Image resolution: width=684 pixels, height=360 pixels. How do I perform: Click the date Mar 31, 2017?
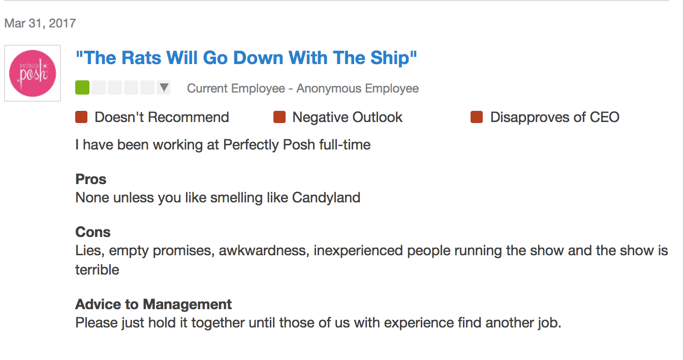pyautogui.click(x=40, y=23)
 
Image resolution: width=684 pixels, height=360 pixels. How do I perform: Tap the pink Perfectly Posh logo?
pyautogui.click(x=33, y=73)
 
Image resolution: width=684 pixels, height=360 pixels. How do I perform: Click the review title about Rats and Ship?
pyautogui.click(x=246, y=58)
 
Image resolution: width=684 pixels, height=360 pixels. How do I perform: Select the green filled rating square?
pyautogui.click(x=82, y=87)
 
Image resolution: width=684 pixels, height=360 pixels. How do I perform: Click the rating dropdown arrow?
pyautogui.click(x=164, y=87)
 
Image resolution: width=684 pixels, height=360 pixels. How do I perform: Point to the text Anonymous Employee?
pyautogui.click(x=358, y=88)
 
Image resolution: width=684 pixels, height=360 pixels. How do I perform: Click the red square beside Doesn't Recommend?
pyautogui.click(x=81, y=117)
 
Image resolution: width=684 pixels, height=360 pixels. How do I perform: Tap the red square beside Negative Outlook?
pyautogui.click(x=279, y=117)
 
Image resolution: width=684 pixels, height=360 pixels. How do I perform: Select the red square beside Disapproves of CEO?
pyautogui.click(x=477, y=117)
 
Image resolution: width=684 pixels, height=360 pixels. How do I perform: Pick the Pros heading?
pyautogui.click(x=90, y=179)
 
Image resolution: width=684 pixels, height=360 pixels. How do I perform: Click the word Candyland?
pyautogui.click(x=326, y=198)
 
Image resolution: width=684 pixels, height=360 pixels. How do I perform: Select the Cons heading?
pyautogui.click(x=93, y=232)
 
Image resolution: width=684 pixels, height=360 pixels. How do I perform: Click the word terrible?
pyautogui.click(x=97, y=270)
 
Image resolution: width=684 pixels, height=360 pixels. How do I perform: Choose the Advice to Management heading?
pyautogui.click(x=153, y=305)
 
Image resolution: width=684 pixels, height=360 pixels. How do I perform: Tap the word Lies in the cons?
pyautogui.click(x=89, y=251)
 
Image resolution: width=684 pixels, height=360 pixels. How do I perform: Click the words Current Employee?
pyautogui.click(x=236, y=88)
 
